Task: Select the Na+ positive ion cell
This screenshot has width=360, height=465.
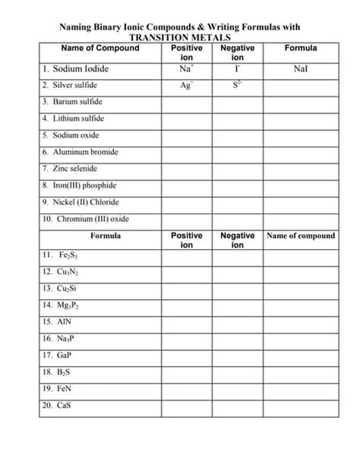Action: (x=185, y=68)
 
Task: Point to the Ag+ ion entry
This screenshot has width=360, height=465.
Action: (x=185, y=85)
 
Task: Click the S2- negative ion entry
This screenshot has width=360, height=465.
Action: (x=237, y=85)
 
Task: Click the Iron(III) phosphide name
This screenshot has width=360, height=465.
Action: (x=84, y=185)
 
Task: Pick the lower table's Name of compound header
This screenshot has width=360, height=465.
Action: (x=301, y=236)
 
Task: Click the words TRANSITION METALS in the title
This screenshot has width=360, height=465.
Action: (x=179, y=36)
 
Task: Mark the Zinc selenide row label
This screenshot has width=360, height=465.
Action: (x=74, y=169)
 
